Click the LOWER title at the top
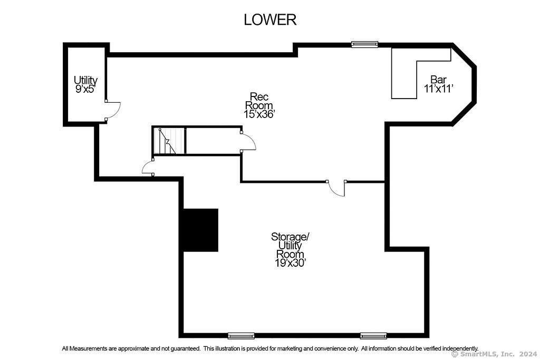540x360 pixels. pyautogui.click(x=270, y=20)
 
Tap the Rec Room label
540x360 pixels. pyautogui.click(x=259, y=101)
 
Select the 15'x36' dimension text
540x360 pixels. pyautogui.click(x=259, y=114)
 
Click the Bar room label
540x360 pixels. pyautogui.click(x=438, y=80)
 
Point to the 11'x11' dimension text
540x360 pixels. pyautogui.click(x=438, y=89)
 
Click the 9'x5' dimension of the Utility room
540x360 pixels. pyautogui.click(x=85, y=89)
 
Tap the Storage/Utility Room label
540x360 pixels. pyautogui.click(x=291, y=246)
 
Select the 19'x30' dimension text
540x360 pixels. pyautogui.click(x=291, y=264)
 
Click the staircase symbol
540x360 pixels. pyautogui.click(x=169, y=141)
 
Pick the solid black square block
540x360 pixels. pyautogui.click(x=200, y=230)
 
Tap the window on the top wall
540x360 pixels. pyautogui.click(x=365, y=44)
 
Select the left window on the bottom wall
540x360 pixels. pyautogui.click(x=241, y=336)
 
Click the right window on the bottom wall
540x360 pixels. pyautogui.click(x=373, y=336)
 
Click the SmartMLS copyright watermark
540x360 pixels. pyautogui.click(x=494, y=354)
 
